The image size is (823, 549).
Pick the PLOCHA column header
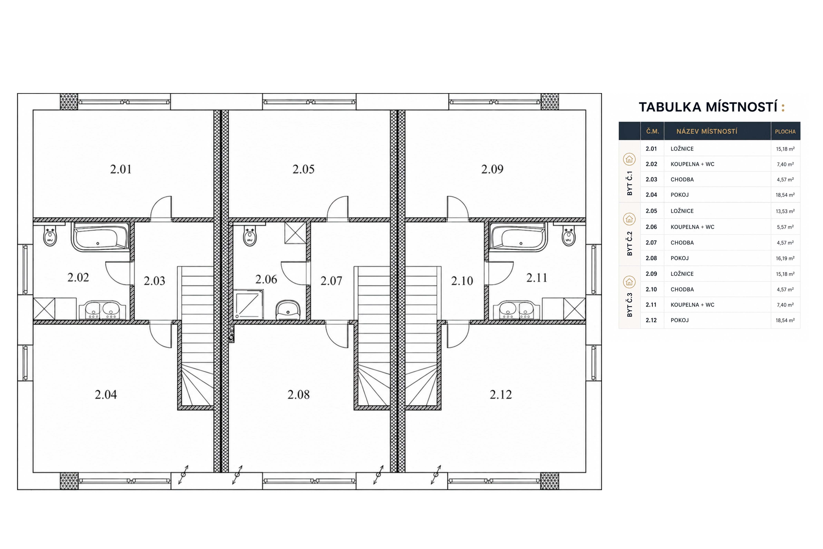click(785, 132)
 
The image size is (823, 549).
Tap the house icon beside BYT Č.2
click(629, 219)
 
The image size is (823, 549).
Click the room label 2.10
click(462, 281)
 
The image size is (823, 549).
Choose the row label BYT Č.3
click(629, 305)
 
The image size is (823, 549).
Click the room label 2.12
click(500, 395)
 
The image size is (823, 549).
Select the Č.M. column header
click(653, 132)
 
